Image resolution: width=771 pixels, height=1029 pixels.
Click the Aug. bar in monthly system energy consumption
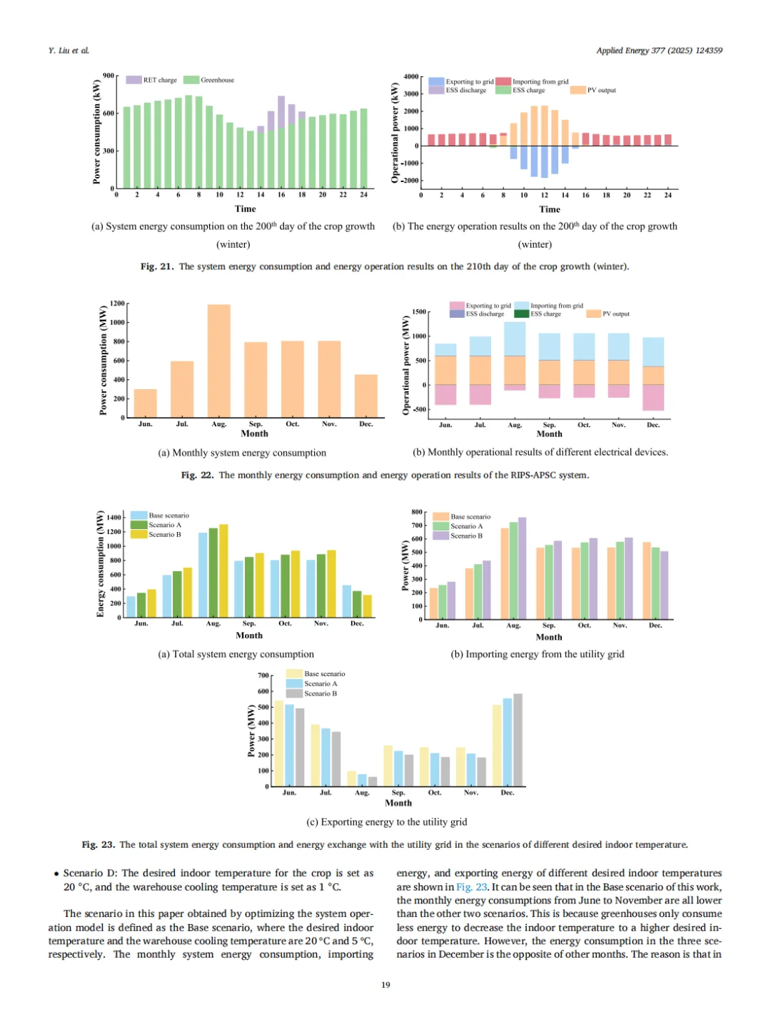218,361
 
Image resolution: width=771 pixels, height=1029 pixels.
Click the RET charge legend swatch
133,80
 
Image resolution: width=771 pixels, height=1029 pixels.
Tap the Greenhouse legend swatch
191,80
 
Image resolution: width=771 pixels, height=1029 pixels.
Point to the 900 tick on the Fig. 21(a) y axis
109,76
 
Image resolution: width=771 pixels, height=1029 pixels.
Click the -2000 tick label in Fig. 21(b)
410,181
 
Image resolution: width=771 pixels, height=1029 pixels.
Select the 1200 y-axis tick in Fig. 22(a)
117,303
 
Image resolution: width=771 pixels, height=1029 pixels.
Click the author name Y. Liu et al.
69,51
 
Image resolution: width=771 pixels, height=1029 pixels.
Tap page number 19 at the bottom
385,985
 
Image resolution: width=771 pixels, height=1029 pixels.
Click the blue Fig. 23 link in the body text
472,887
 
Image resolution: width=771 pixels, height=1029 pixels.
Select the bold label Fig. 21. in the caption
156,266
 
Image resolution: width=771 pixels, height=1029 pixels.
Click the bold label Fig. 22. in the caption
197,475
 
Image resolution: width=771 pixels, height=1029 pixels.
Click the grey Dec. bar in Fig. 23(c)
518,740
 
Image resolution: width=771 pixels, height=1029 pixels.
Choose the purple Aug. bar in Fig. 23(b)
522,568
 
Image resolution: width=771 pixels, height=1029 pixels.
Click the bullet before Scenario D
56,873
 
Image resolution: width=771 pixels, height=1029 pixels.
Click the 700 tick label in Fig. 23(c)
263,676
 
